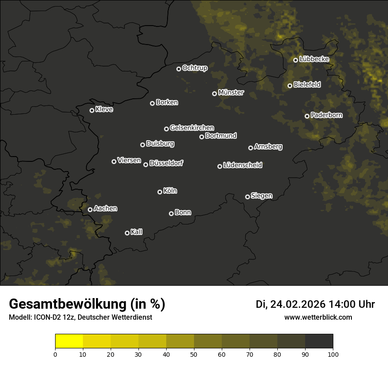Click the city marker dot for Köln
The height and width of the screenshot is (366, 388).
[160, 192]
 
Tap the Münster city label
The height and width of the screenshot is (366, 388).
[231, 93]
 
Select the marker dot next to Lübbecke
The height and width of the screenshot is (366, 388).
[295, 60]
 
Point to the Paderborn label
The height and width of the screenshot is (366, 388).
[326, 115]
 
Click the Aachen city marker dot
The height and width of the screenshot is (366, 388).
[90, 209]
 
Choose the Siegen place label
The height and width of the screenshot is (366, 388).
[261, 196]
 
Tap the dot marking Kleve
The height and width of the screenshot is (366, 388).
[92, 110]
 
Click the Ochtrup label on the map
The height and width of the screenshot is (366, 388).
[194, 68]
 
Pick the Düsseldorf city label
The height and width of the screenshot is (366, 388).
[166, 163]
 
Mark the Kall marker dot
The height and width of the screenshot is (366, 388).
[127, 233]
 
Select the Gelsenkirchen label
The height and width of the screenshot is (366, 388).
[192, 128]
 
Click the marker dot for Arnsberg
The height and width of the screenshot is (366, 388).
[250, 148]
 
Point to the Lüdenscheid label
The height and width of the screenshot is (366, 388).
[242, 165]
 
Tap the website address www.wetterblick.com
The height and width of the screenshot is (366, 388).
[318, 317]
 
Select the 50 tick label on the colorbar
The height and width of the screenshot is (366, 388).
[194, 354]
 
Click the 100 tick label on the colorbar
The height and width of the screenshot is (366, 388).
[333, 354]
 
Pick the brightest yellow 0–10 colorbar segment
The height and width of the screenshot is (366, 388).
[69, 341]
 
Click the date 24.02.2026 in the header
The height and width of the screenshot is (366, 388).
[297, 304]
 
